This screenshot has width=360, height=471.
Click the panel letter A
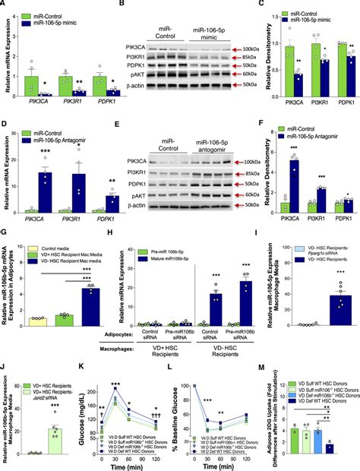tap(5, 5)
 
